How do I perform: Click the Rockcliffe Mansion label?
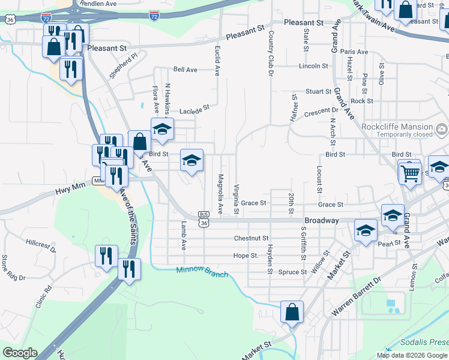[397, 127]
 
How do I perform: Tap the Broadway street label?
[322, 220]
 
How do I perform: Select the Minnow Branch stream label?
[202, 271]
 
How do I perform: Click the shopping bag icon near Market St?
[292, 313]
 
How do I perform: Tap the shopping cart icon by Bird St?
[410, 174]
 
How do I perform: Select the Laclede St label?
[194, 110]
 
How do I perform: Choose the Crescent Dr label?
[321, 111]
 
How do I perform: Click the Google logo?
[20, 353]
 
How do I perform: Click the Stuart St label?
[318, 92]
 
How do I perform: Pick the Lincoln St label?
[313, 65]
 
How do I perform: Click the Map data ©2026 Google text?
[412, 355]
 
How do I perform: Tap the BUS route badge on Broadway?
[204, 214]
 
